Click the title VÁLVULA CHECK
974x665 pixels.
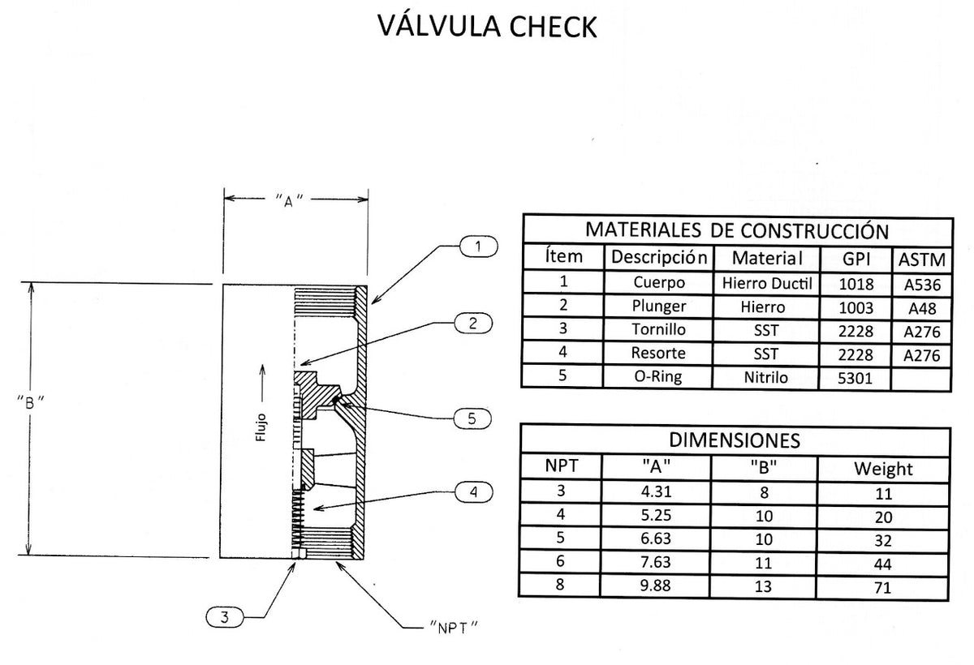(487, 26)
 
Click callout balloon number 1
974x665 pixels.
(480, 246)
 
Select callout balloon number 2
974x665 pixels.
(473, 323)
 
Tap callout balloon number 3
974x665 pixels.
(225, 617)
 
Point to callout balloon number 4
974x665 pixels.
(473, 491)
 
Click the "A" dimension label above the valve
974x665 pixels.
(290, 199)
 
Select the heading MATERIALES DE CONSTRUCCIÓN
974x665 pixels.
(737, 230)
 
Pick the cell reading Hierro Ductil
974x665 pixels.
(766, 283)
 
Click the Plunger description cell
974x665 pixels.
(658, 307)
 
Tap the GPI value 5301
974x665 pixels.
(857, 377)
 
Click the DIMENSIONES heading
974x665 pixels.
(735, 440)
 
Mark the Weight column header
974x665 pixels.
(883, 469)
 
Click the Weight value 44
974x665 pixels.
(883, 564)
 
